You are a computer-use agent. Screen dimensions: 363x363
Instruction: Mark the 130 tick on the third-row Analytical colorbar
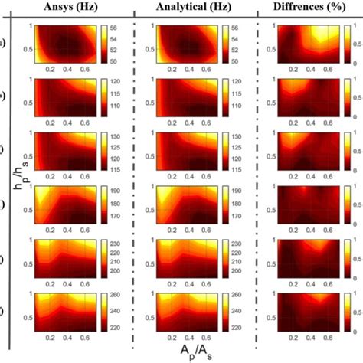[x=235, y=136]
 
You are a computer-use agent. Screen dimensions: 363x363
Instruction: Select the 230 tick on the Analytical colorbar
[x=235, y=244]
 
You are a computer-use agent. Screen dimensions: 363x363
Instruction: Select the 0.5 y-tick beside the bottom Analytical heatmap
[x=146, y=314]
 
